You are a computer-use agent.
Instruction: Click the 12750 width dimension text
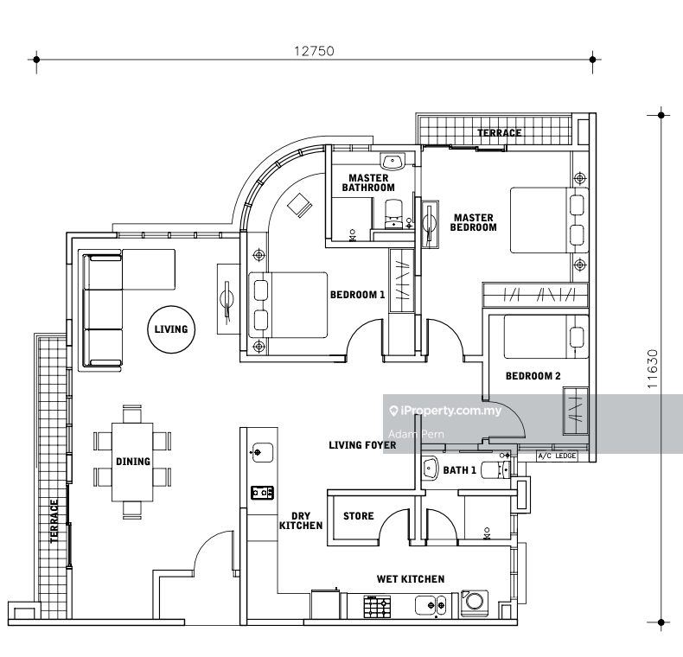314,51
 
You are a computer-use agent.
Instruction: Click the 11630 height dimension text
652,369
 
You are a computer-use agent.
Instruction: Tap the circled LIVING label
171,329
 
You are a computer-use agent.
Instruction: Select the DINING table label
133,462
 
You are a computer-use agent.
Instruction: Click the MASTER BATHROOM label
368,183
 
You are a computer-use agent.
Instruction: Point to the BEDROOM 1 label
358,295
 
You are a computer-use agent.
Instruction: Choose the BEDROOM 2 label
533,376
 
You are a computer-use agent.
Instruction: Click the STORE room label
359,516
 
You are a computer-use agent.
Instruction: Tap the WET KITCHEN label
411,579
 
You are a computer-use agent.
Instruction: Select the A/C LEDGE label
557,456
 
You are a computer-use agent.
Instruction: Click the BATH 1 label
460,470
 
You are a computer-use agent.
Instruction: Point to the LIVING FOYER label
362,445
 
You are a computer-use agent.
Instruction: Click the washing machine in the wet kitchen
475,603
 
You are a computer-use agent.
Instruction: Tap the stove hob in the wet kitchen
377,607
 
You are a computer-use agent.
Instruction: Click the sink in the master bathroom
393,162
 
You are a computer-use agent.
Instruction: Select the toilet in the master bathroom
394,214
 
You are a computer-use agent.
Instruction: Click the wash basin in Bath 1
431,469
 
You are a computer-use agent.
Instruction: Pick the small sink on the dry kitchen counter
263,453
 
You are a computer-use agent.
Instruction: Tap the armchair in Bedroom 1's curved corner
300,204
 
